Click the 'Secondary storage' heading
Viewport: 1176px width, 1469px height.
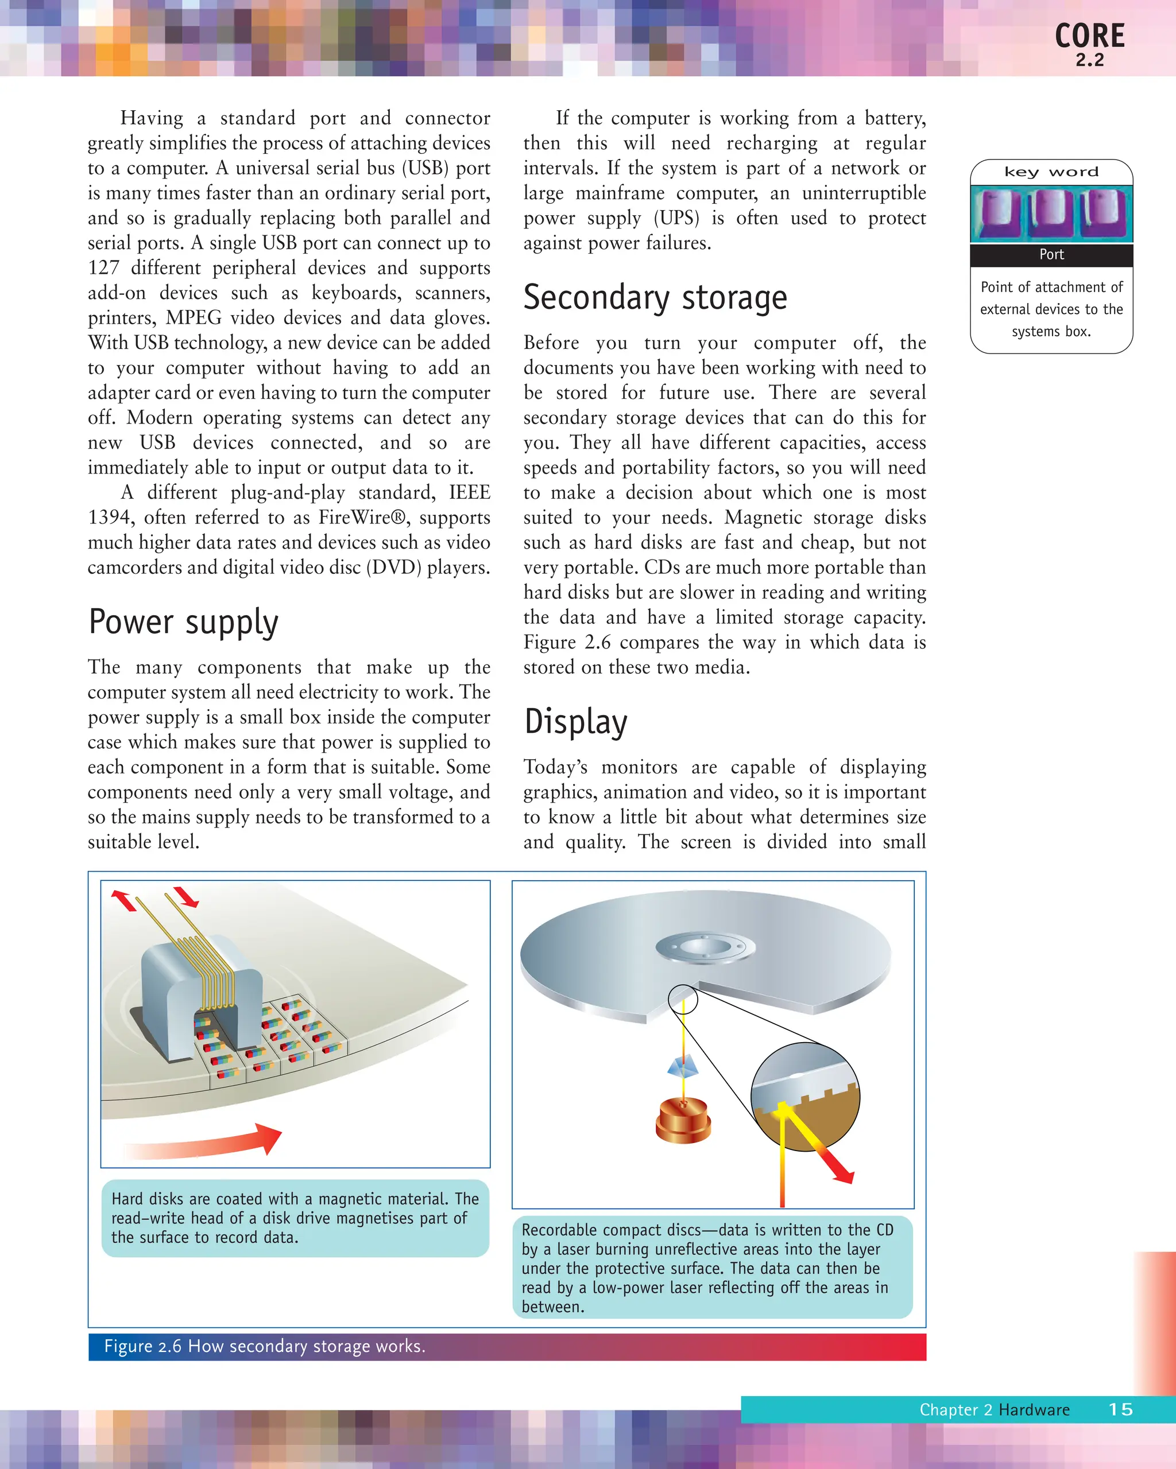click(655, 298)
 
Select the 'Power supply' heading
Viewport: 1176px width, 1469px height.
click(183, 622)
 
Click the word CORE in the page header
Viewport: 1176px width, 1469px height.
click(1089, 36)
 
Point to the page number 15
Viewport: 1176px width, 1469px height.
click(1120, 1409)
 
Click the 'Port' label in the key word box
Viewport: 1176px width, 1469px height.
click(1051, 255)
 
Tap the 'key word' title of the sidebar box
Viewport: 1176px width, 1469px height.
click(1051, 172)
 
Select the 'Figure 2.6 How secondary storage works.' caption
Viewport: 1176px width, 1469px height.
click(265, 1346)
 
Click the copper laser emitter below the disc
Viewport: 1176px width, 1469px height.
click(683, 1121)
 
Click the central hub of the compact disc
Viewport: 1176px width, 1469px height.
click(705, 947)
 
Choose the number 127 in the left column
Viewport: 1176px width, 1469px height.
click(103, 268)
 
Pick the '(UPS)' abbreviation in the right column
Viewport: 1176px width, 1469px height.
click(676, 218)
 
